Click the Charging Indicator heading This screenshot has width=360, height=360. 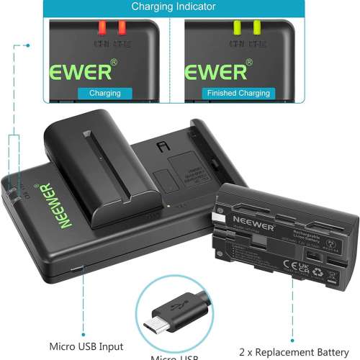click(173, 7)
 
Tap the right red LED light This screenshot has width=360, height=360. click(122, 27)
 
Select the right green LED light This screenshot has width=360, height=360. click(256, 27)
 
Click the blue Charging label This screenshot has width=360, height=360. click(104, 93)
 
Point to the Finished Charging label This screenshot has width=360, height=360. click(238, 93)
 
